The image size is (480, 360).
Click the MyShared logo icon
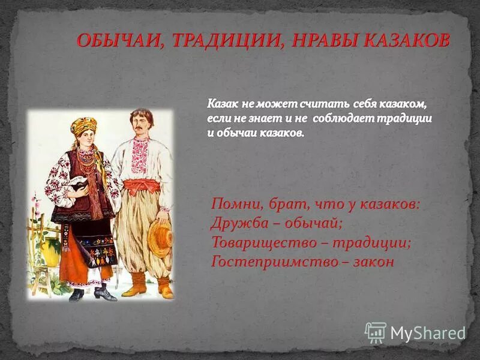pos(376,332)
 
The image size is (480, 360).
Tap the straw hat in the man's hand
pos(159,238)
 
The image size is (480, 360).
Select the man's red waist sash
pos(142,185)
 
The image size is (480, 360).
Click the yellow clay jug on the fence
pos(50,248)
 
